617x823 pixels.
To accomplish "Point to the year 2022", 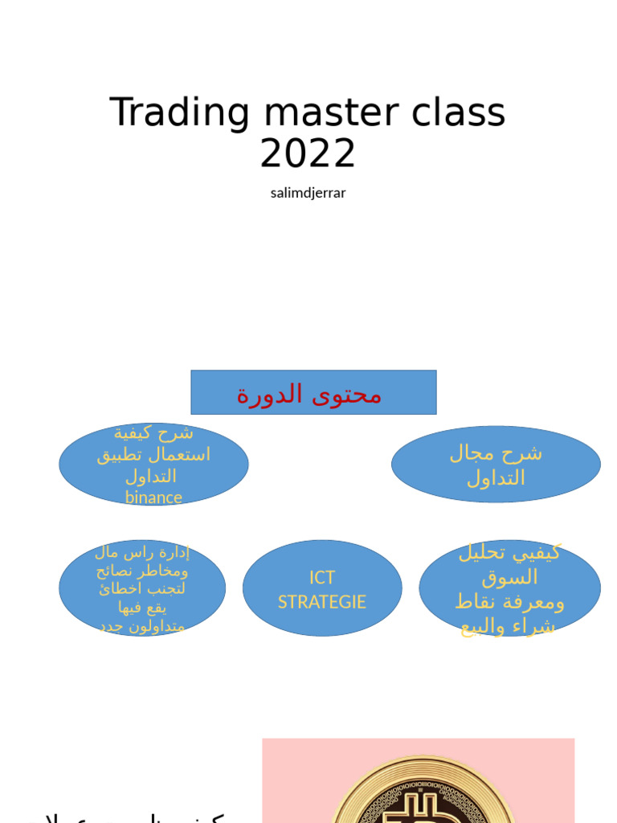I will click(x=308, y=154).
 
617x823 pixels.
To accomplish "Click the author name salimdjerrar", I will click(x=308, y=193).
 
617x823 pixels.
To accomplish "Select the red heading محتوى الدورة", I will click(x=309, y=394).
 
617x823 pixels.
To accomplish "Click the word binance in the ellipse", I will click(x=153, y=497).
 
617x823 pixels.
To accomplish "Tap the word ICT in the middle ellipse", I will click(x=322, y=578).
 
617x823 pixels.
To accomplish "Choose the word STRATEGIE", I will click(x=322, y=602).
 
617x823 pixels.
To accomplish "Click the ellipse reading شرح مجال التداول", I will click(x=496, y=465).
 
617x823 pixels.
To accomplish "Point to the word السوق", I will click(x=509, y=577).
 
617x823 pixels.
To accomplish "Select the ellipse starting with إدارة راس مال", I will click(x=142, y=588).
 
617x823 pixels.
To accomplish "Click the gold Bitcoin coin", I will click(x=423, y=792).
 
